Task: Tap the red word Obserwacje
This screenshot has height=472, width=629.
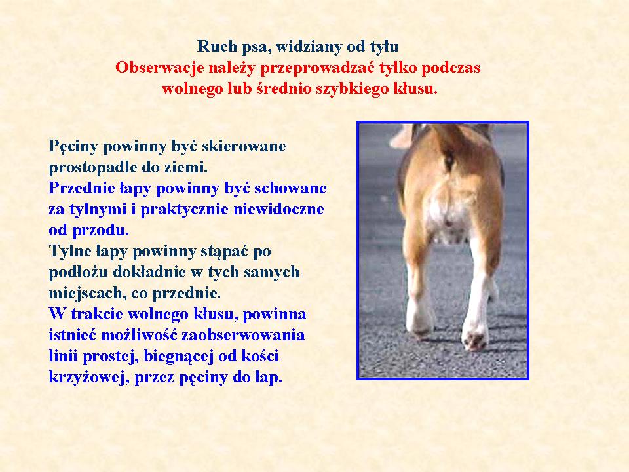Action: [159, 68]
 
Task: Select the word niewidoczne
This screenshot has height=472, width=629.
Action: [278, 209]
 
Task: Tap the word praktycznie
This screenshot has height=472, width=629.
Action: [185, 210]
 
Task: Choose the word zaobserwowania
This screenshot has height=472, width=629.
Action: [242, 335]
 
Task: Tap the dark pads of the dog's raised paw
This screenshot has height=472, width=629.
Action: [476, 340]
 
